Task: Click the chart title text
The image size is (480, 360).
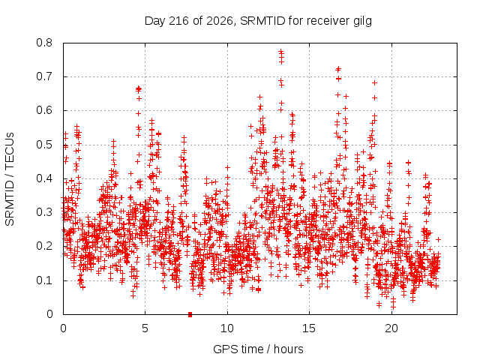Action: pos(258,22)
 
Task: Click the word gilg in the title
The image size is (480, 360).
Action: pos(361,22)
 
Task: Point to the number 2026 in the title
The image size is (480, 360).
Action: pos(220,21)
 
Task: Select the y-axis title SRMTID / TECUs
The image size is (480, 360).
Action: pos(10,179)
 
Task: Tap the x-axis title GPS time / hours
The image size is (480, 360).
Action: pos(258,349)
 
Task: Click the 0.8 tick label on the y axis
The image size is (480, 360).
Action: pos(44,43)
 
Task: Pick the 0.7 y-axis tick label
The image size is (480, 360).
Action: pos(44,76)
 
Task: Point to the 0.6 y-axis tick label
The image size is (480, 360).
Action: pos(44,110)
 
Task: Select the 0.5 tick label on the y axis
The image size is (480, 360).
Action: pos(44,145)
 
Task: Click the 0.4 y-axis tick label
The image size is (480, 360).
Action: pos(44,178)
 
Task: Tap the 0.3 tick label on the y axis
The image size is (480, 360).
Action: pos(44,212)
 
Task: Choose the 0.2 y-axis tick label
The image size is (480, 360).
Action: pos(44,246)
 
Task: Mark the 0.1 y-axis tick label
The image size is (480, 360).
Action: pos(44,280)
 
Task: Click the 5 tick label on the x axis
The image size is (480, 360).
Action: pos(145,328)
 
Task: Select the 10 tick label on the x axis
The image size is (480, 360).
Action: pos(227,328)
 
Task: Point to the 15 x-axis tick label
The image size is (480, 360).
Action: pos(309,328)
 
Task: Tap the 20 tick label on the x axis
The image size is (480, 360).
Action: pos(391,328)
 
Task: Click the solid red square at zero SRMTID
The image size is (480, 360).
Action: pos(190,314)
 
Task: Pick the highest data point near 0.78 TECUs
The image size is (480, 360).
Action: pos(281,51)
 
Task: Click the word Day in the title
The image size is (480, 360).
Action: pos(155,22)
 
